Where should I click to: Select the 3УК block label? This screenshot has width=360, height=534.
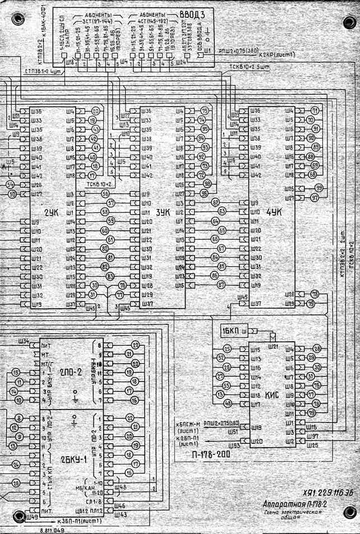point(163,212)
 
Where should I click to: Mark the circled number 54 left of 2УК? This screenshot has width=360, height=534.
point(10,184)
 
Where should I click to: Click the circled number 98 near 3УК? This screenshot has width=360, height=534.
point(207,184)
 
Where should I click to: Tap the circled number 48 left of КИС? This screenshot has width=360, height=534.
point(228,403)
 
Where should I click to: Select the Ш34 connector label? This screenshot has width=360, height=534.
point(24,341)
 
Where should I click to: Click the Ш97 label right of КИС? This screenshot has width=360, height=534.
point(312,435)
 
